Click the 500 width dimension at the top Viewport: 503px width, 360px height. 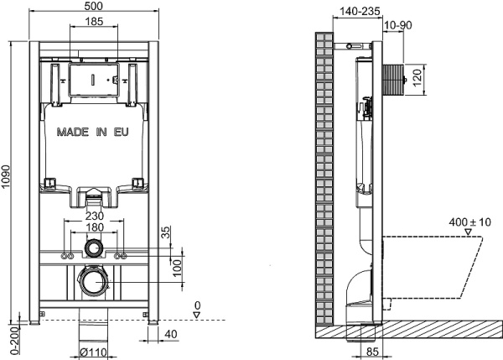point(95,8)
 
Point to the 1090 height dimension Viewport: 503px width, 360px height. point(8,179)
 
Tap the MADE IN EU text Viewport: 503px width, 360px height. point(93,133)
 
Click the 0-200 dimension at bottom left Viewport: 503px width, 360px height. point(8,340)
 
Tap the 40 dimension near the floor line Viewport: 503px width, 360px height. point(171,336)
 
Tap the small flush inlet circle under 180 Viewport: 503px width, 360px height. point(94,248)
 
